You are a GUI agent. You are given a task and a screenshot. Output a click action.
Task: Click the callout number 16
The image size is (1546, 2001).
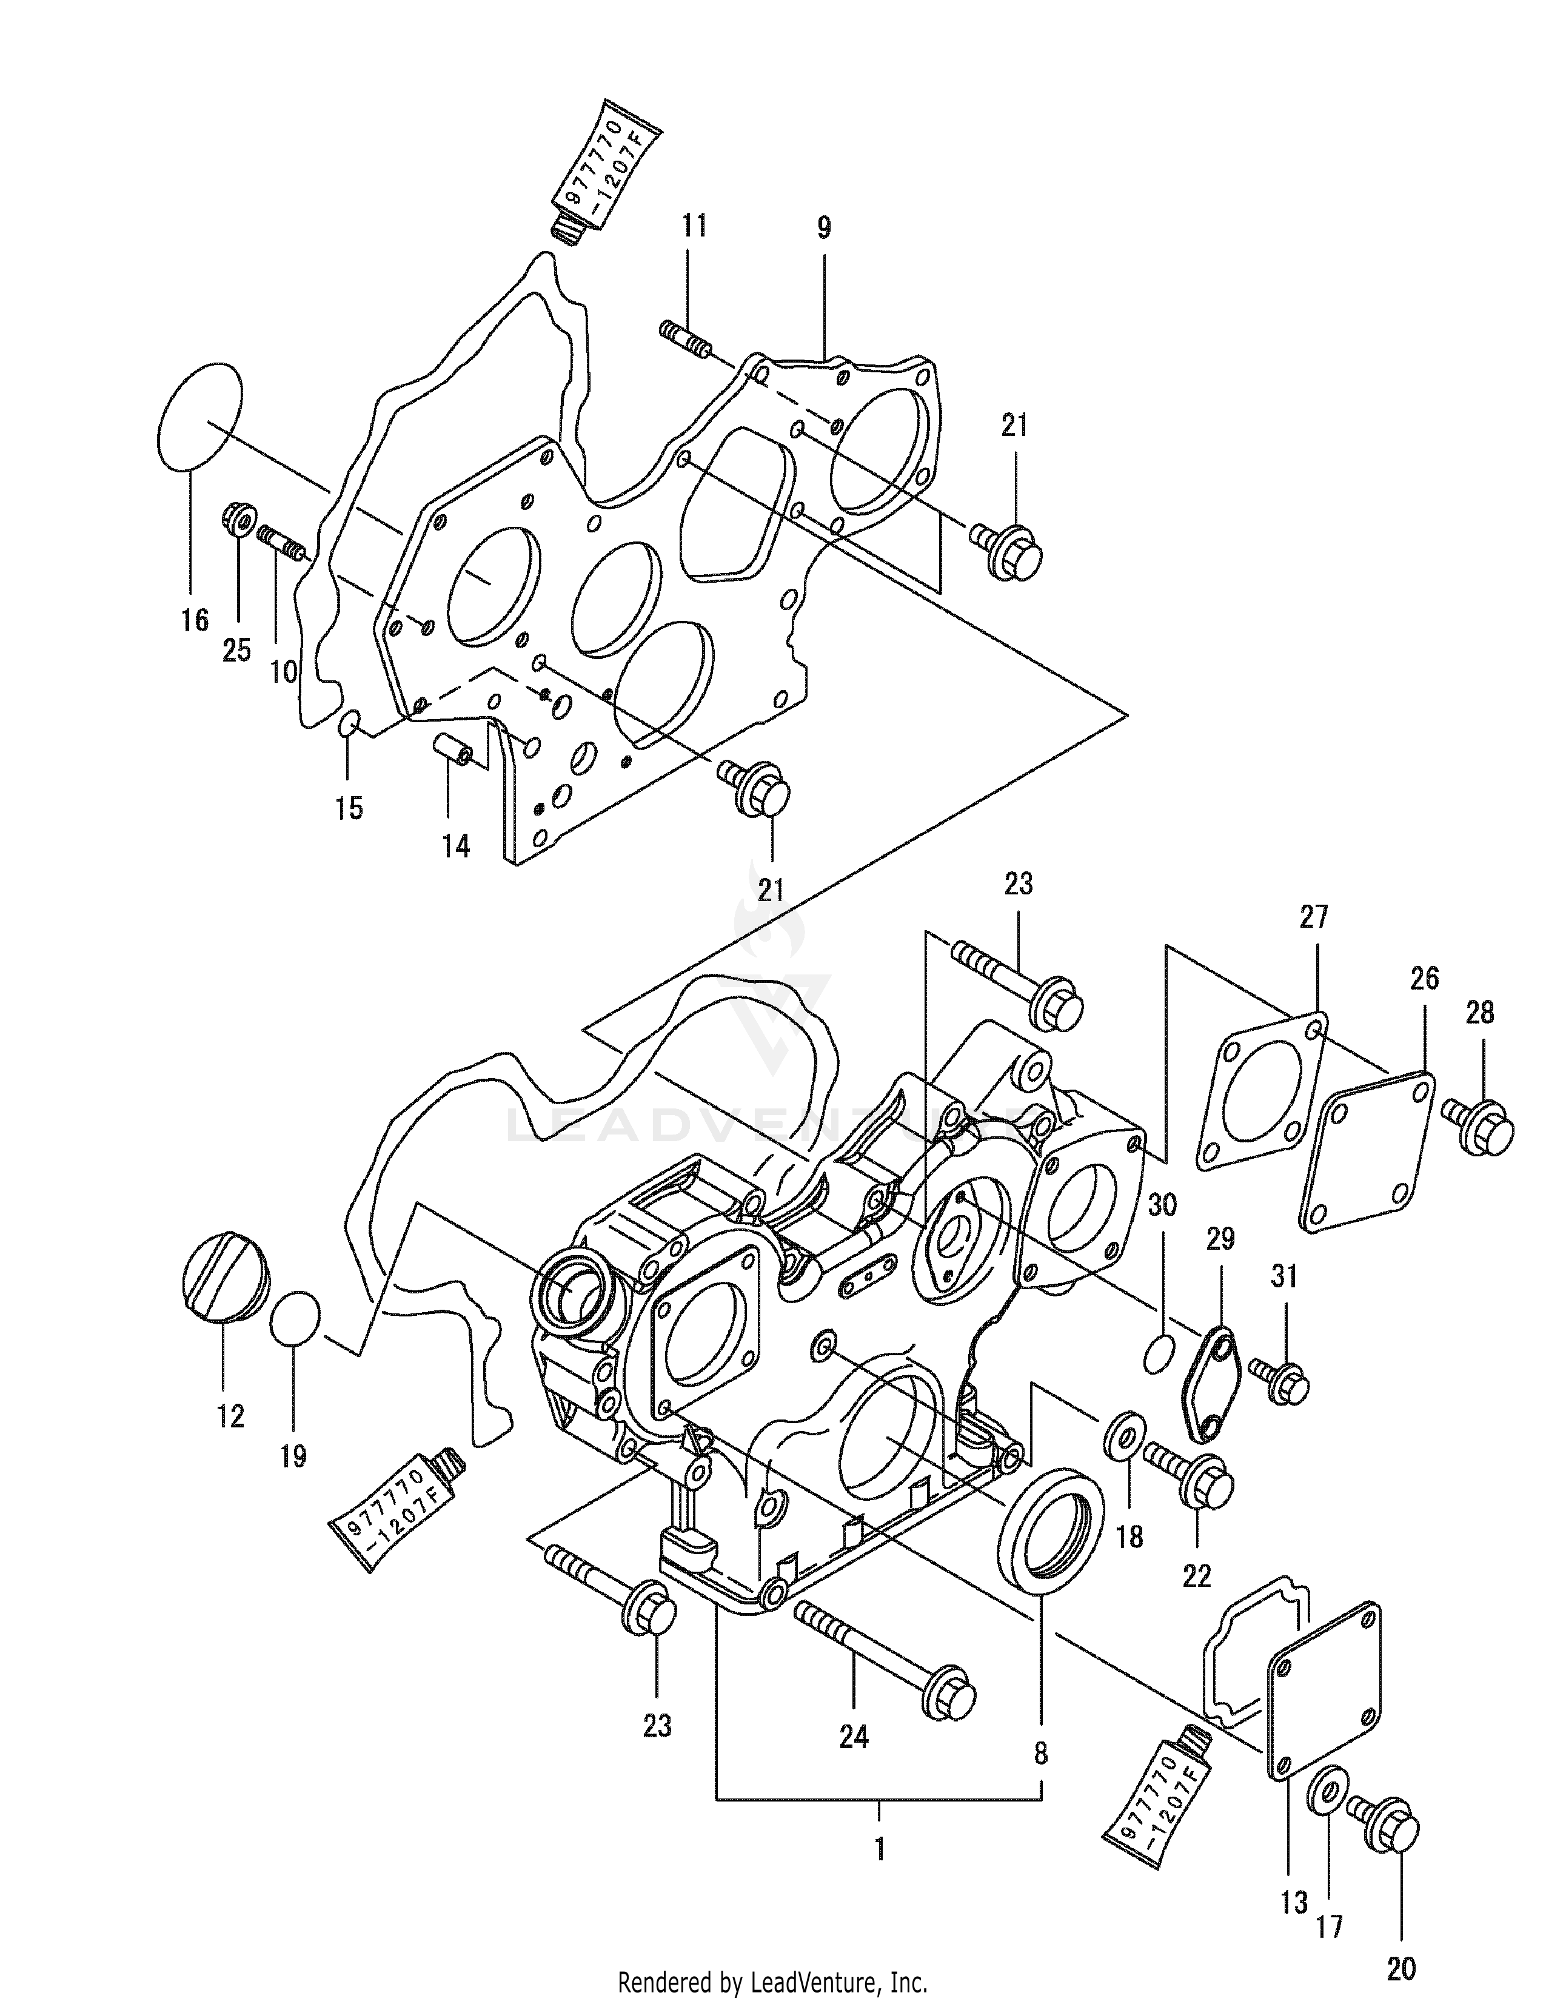click(194, 620)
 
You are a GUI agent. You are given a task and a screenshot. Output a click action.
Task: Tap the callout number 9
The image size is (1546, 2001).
click(823, 227)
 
